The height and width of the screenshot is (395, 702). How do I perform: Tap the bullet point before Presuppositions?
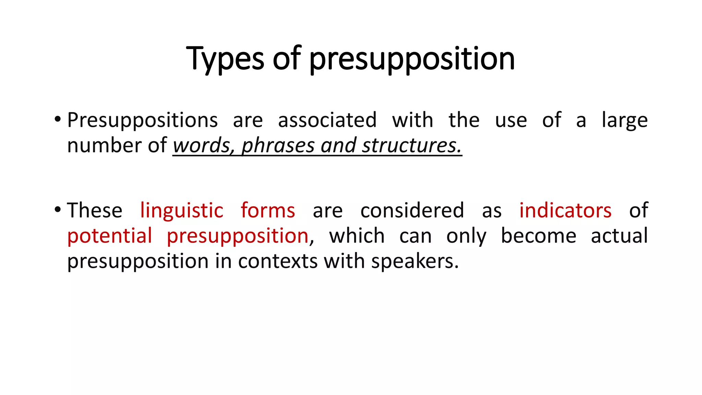click(x=58, y=120)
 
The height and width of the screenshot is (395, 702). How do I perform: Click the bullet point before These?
click(x=58, y=210)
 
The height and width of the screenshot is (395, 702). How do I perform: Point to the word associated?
click(x=327, y=120)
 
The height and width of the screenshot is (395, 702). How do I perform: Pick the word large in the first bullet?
click(x=625, y=121)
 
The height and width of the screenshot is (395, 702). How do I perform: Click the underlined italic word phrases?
click(x=278, y=145)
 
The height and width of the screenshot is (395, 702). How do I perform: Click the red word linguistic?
click(x=182, y=210)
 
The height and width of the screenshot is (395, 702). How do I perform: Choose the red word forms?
click(x=268, y=210)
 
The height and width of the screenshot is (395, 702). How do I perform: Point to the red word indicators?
click(x=565, y=210)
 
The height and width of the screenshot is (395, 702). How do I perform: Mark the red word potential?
click(x=109, y=236)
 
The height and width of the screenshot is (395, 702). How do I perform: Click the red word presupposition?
click(x=238, y=236)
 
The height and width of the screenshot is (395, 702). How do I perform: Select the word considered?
click(x=412, y=210)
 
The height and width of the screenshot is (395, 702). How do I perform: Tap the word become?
click(x=538, y=236)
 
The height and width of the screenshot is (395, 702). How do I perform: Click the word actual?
click(x=619, y=236)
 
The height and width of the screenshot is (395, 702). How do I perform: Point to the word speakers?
click(x=415, y=261)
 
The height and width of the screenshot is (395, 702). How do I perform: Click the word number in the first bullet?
click(x=104, y=145)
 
